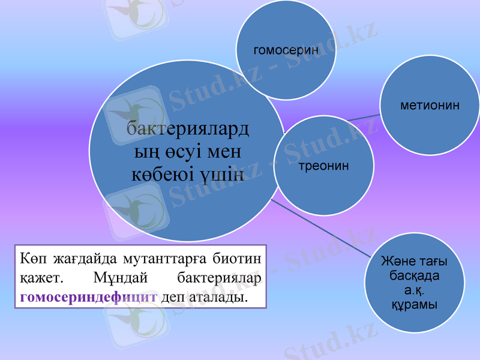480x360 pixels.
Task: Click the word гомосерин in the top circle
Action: tap(286, 50)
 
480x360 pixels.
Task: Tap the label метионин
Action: tap(430, 105)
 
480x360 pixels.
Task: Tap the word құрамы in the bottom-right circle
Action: tap(414, 304)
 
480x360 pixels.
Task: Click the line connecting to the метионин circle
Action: tap(363, 118)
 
